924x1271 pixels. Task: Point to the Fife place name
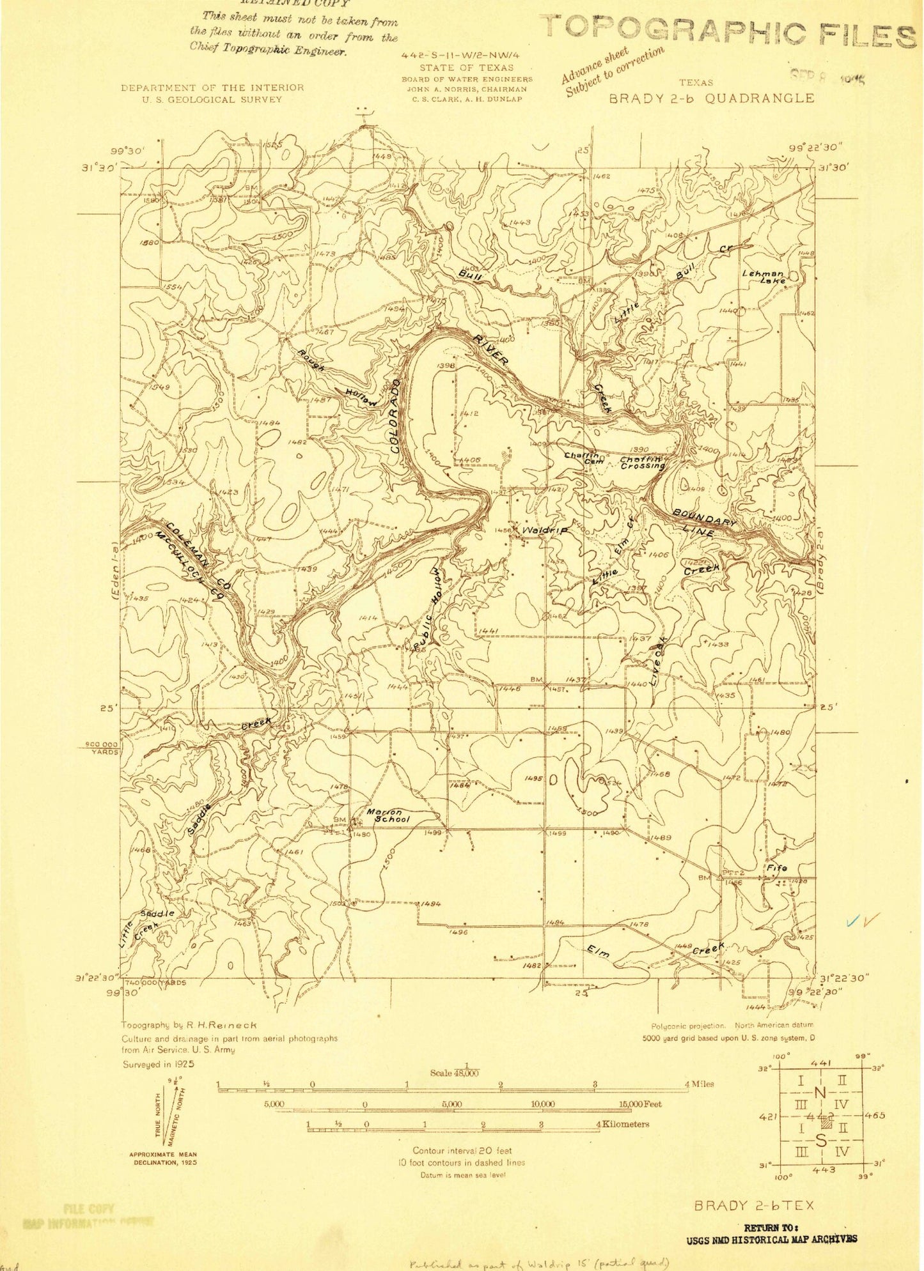pyautogui.click(x=776, y=867)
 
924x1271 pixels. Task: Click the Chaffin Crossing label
pyautogui.click(x=643, y=463)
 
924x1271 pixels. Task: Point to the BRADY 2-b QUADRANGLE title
pyautogui.click(x=711, y=98)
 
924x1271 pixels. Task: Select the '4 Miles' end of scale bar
pyautogui.click(x=699, y=1084)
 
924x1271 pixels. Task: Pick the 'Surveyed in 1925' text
pyautogui.click(x=158, y=1065)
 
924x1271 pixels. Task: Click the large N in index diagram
pyautogui.click(x=820, y=1092)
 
